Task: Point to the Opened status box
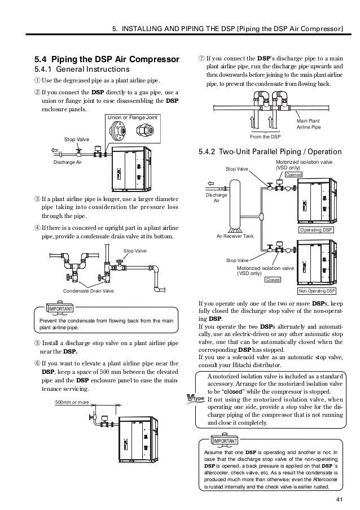[293, 175]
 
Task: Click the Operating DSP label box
[316, 231]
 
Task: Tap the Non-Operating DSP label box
[315, 291]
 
